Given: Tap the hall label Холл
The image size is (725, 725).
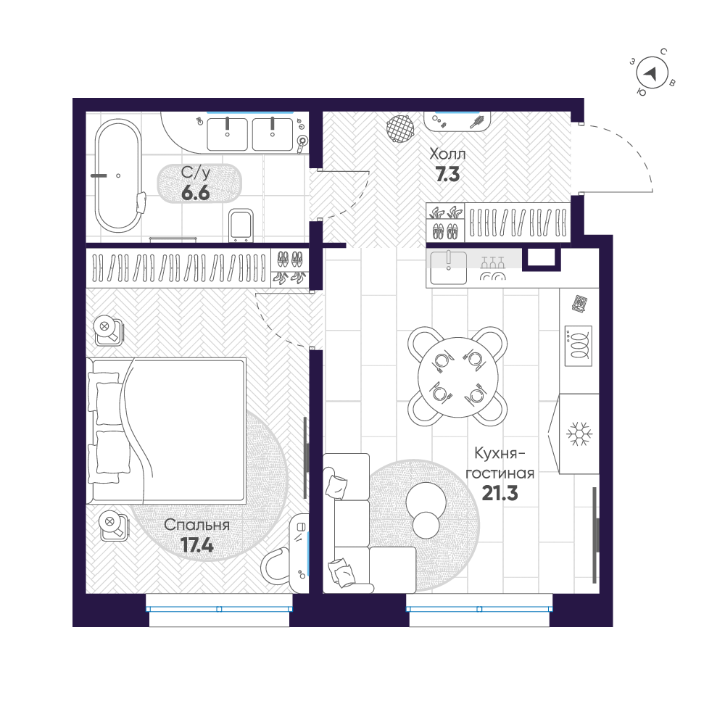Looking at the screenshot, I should pos(447,154).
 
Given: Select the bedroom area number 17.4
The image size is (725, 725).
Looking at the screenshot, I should pos(196,546).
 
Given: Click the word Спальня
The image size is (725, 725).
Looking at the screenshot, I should pos(196,525).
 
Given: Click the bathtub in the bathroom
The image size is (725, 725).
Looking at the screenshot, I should pos(117,175).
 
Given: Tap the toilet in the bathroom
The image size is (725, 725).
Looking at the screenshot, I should pos(239,225).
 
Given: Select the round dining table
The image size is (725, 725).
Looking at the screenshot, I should pos(457,376).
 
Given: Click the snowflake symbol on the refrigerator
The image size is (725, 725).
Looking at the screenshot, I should pos(579,434).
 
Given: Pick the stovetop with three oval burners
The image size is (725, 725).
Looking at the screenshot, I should pos(578,346).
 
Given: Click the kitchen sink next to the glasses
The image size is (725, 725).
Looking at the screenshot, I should pos(449,267).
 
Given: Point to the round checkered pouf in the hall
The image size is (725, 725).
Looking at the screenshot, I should pos(401,130).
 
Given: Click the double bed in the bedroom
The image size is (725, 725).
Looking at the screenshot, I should pos(168,429).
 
